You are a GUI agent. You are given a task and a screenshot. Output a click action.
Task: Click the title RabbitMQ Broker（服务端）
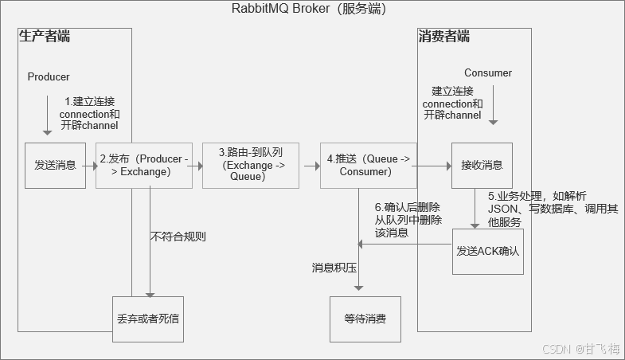tap(309, 9)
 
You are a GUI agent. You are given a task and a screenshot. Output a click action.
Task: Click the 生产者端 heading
tap(45, 37)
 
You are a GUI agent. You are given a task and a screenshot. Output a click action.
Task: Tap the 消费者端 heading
tap(444, 37)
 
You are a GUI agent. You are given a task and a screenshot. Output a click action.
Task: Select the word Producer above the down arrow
tap(49, 76)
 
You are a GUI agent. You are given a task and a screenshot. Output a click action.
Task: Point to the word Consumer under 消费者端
tap(488, 73)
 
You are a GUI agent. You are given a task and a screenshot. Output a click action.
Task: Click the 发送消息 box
tap(56, 166)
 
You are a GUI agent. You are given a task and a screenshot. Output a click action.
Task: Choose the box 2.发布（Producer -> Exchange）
tap(144, 166)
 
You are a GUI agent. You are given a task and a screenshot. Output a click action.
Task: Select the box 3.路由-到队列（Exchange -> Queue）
tap(251, 166)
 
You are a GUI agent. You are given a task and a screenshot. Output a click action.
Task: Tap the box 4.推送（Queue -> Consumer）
tap(369, 166)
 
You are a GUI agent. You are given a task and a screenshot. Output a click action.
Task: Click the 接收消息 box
tap(482, 166)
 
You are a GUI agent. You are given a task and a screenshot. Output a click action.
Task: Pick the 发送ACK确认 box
tap(488, 252)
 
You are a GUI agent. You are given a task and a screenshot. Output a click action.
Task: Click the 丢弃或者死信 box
tap(148, 319)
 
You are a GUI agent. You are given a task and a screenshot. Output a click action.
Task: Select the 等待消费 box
tap(365, 319)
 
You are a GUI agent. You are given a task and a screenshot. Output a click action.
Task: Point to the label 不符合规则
tap(178, 237)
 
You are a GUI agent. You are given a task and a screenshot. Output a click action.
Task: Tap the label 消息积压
tap(334, 268)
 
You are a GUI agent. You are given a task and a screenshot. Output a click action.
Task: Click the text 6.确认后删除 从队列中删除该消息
tap(408, 220)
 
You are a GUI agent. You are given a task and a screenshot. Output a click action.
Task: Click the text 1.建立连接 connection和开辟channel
tap(90, 113)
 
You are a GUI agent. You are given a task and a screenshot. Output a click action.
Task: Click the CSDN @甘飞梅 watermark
tap(581, 349)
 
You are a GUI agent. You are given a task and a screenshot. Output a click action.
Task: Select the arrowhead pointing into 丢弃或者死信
tap(150, 295)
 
